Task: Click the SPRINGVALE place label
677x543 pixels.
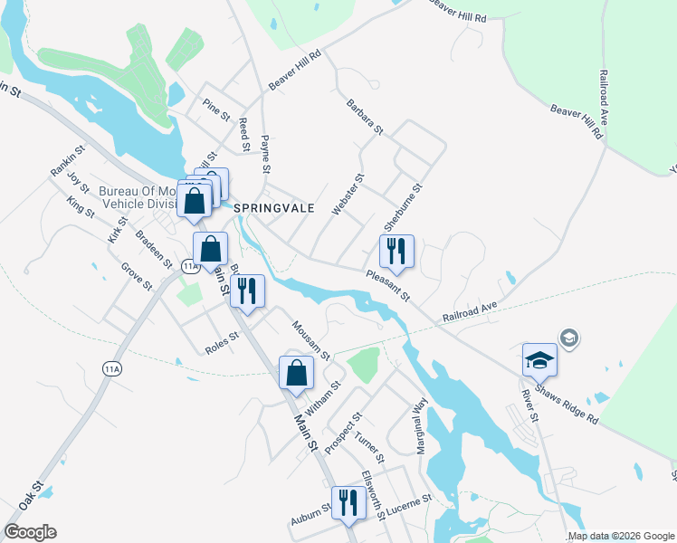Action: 274,207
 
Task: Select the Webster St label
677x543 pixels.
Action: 348,195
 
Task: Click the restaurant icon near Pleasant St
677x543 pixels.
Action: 396,252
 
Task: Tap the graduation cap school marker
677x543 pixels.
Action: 539,359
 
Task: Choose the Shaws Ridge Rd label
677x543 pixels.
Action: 567,401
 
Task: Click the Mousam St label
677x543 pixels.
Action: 310,338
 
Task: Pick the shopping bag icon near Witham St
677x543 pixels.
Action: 296,372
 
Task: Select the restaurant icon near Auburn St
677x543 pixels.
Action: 348,502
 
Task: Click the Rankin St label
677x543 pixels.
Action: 68,161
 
